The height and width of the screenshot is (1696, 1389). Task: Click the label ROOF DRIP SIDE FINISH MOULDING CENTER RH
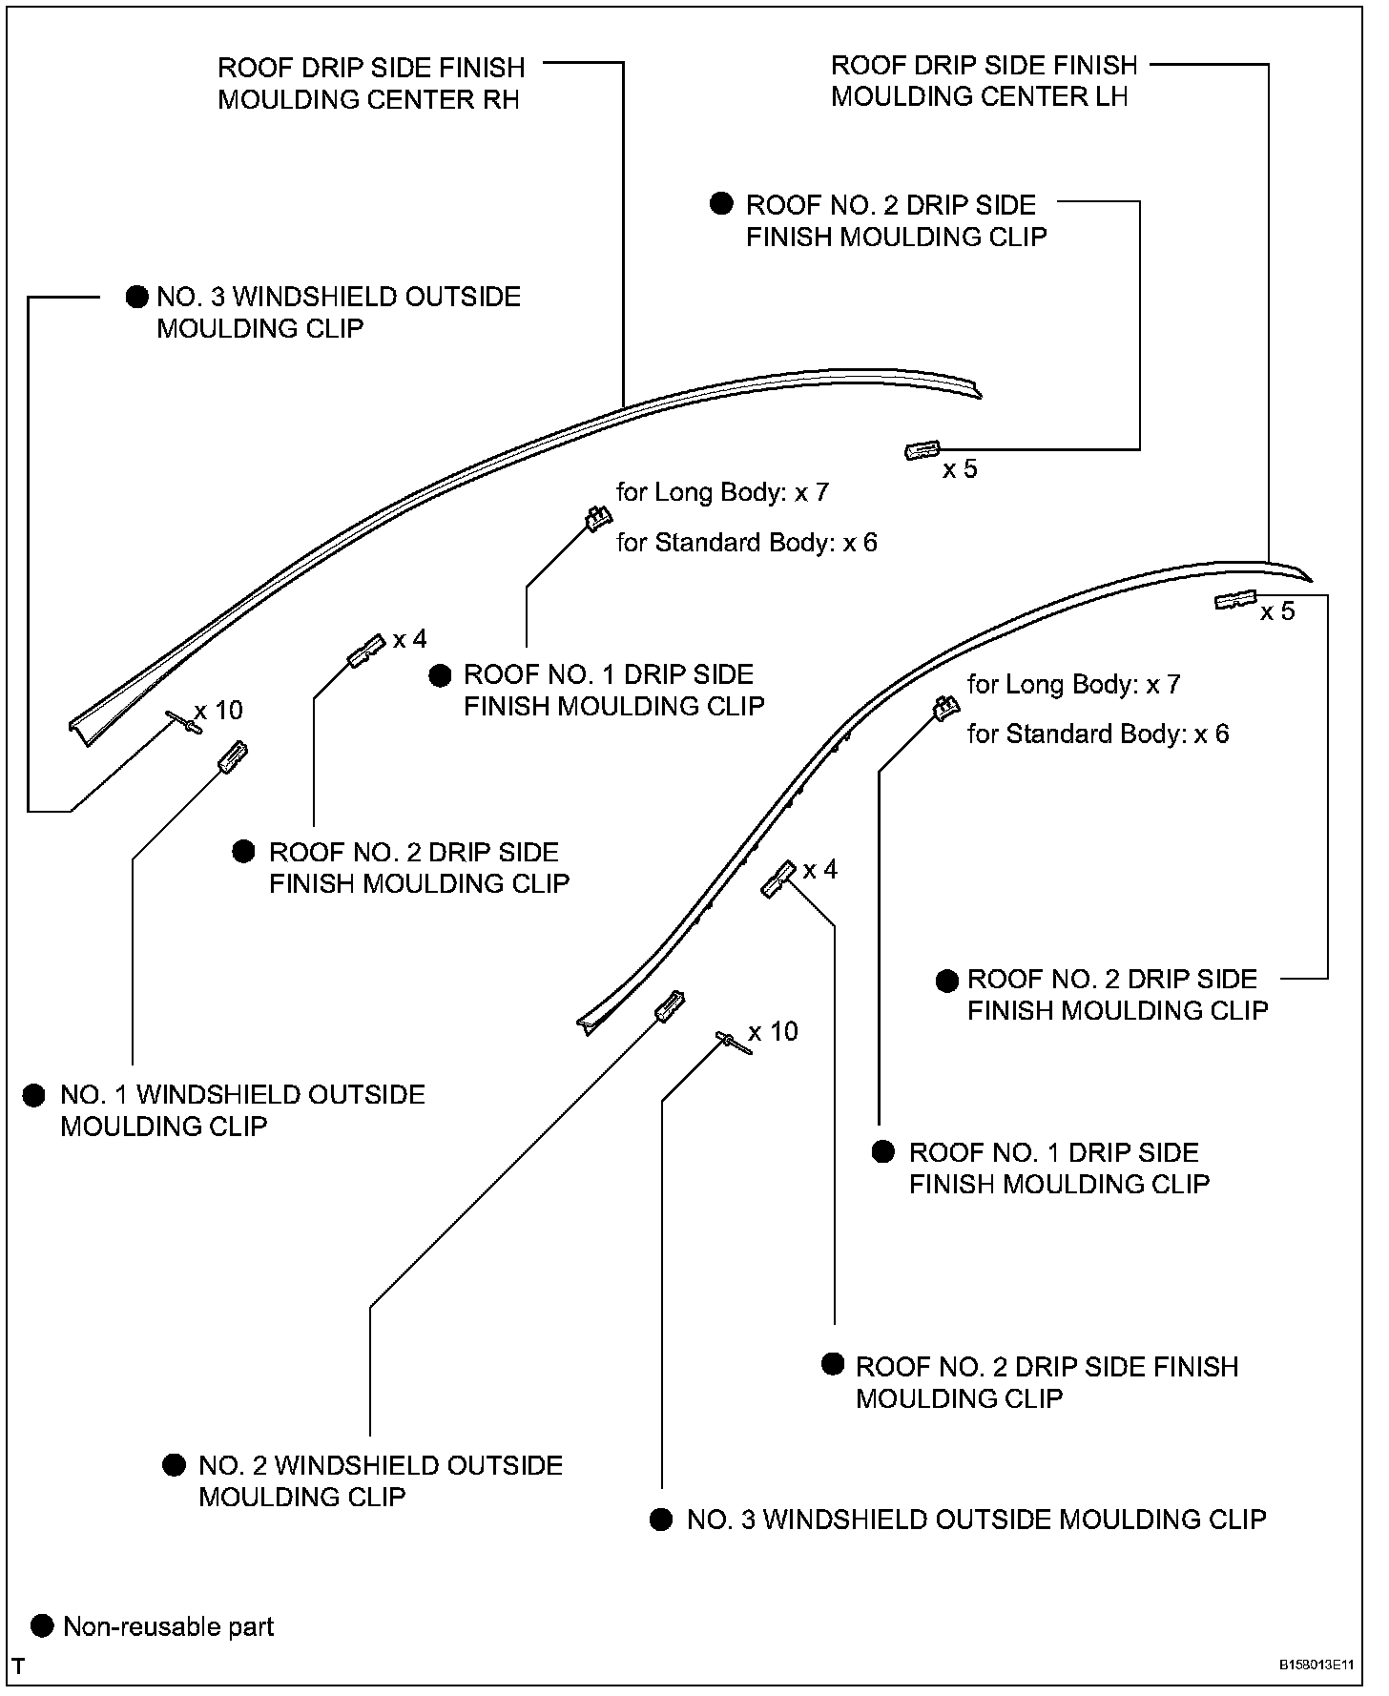coord(371,84)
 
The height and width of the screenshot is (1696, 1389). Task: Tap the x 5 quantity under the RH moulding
coord(960,469)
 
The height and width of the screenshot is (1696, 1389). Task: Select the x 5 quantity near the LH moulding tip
coord(1277,611)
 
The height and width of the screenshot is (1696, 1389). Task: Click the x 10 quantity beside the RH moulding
coord(218,710)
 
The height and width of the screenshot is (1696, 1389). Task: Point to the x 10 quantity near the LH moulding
coord(773,1031)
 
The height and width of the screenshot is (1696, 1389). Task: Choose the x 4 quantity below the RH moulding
coord(409,639)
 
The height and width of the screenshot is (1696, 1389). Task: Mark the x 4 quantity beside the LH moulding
coord(819,870)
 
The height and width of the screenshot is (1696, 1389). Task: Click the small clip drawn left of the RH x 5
coord(922,450)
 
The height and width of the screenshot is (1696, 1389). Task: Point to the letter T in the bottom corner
coord(19,1667)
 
